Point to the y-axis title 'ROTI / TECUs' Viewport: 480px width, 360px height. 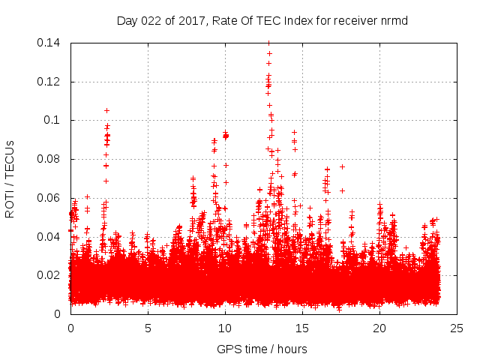pyautogui.click(x=10, y=178)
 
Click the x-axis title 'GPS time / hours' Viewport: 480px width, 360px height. pyautogui.click(x=262, y=349)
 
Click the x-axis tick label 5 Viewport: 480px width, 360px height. pyautogui.click(x=148, y=328)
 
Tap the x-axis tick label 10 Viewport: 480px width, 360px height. pyautogui.click(x=225, y=328)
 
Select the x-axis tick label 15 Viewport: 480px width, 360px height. pyautogui.click(x=302, y=328)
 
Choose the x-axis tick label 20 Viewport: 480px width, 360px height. pyautogui.click(x=379, y=328)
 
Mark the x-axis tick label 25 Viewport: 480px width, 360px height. pyautogui.click(x=457, y=328)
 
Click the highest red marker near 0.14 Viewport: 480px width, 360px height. pyautogui.click(x=268, y=43)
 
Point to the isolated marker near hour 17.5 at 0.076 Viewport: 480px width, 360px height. pyautogui.click(x=342, y=166)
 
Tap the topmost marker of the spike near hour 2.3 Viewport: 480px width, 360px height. pyautogui.click(x=106, y=110)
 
